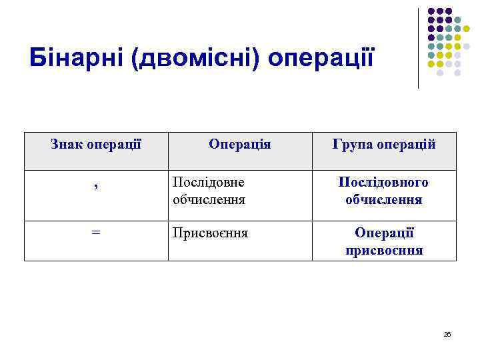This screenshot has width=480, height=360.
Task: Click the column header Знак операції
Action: tap(96, 143)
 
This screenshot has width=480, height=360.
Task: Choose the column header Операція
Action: tap(239, 143)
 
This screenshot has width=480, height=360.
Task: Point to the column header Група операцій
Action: tap(383, 143)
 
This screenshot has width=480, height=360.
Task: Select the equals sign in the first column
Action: tap(96, 232)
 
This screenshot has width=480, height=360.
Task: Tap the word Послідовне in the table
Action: tap(208, 182)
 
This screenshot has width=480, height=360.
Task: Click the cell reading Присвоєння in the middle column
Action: tap(210, 233)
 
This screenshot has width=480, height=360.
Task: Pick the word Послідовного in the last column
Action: tap(383, 182)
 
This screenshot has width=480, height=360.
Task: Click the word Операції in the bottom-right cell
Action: tap(384, 233)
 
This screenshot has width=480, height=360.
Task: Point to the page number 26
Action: tap(447, 334)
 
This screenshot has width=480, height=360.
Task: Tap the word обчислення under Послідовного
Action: tap(383, 199)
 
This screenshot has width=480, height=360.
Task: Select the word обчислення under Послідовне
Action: tap(209, 199)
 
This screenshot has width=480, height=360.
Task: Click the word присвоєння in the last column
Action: tap(384, 251)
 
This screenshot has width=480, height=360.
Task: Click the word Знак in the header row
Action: tap(67, 143)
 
